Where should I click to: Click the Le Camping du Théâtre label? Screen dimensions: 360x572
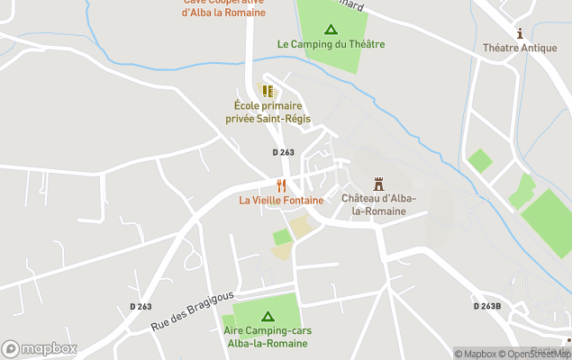click(331, 44)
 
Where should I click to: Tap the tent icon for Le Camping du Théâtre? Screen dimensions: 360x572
click(331, 29)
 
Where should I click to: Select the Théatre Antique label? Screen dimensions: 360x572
click(520, 48)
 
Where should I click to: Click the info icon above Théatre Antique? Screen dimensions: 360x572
click(520, 32)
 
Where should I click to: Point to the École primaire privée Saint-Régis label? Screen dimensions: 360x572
click(267, 112)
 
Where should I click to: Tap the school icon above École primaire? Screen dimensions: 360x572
click(267, 90)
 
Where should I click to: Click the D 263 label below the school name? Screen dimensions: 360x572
click(283, 152)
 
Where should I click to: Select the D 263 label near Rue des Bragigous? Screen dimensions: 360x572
click(141, 307)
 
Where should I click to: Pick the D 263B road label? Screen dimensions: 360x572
click(487, 306)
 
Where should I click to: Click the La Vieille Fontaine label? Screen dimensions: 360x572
click(281, 200)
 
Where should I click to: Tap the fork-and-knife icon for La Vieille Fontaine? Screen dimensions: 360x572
click(281, 184)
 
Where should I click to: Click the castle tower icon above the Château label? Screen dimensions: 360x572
click(378, 182)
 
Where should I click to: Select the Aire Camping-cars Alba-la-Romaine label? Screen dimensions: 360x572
click(268, 337)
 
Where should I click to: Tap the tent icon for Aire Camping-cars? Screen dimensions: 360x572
click(268, 316)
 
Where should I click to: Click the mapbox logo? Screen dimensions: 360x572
click(39, 348)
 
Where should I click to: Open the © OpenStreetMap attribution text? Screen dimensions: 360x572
click(539, 354)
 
